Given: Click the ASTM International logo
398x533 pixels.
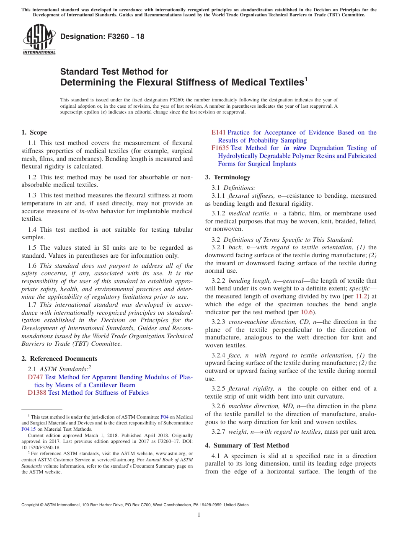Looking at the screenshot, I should click(x=39, y=40).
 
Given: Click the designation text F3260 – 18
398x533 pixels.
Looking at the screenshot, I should click(x=102, y=37).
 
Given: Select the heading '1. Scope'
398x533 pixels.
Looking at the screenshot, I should click(x=34, y=132).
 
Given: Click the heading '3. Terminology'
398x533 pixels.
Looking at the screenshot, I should click(x=227, y=177).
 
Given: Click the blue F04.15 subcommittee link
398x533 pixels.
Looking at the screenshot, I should click(x=28, y=429).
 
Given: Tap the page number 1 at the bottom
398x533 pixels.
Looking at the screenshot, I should click(x=199, y=515).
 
